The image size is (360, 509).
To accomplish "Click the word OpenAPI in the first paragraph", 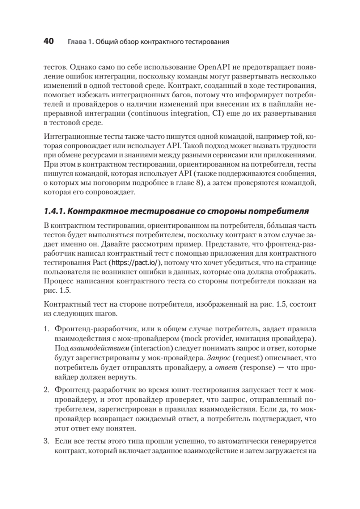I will pos(214,67).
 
